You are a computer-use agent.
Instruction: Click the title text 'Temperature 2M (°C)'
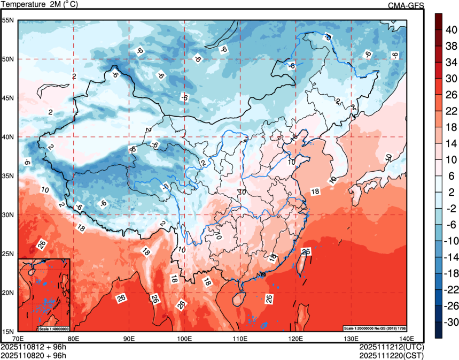tap(38, 5)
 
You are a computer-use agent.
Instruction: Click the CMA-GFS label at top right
tap(406, 5)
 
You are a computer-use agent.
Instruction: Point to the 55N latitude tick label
tap(8, 20)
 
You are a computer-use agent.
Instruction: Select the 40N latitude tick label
tap(8, 137)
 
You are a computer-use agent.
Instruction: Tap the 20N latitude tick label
tap(8, 293)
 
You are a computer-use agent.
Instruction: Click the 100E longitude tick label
tap(184, 338)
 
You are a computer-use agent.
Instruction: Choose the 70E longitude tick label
tap(18, 338)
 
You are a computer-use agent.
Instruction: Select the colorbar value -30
tap(452, 323)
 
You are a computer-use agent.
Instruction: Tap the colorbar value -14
tap(452, 257)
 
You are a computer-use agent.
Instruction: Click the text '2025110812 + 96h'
tap(34, 347)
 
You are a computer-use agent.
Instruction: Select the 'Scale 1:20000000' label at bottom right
tap(374, 328)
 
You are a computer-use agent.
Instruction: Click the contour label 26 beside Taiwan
tap(306, 251)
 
